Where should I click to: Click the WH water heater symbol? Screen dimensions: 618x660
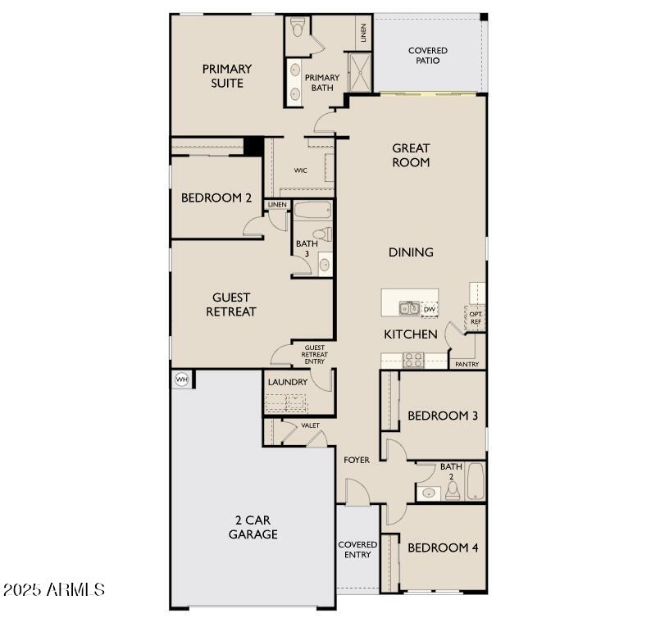point(182,379)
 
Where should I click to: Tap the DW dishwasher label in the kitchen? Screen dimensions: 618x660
point(430,309)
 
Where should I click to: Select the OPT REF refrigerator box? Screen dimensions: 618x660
point(476,316)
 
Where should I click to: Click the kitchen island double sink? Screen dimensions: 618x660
point(409,308)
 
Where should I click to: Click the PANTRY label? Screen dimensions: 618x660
point(467,363)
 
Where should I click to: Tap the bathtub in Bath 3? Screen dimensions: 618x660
point(312,211)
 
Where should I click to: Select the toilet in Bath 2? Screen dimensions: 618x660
point(452,491)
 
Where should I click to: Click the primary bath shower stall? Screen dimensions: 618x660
point(359,72)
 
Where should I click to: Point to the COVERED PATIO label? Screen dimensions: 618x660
point(428,56)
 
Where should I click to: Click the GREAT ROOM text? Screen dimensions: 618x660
point(411,155)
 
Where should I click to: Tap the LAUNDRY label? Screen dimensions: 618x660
point(288,382)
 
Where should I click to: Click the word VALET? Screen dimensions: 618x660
point(311,425)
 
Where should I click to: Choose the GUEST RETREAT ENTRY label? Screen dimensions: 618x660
point(314,354)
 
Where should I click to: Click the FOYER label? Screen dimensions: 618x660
point(356,460)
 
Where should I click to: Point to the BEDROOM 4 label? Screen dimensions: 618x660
point(443,548)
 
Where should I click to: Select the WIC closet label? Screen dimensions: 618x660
point(301,170)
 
